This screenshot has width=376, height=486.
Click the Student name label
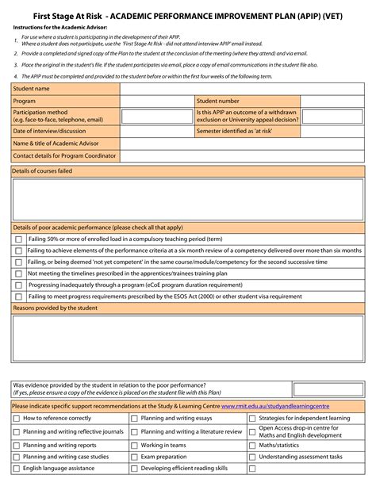[x=31, y=89]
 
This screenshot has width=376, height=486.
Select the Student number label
[x=217, y=101]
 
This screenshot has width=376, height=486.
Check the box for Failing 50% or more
[x=18, y=239]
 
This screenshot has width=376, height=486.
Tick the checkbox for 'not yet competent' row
[x=18, y=262]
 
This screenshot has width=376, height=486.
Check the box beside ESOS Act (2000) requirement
[x=18, y=297]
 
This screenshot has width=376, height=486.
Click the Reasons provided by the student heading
[x=55, y=308]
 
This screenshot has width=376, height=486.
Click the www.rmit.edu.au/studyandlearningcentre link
[x=275, y=405]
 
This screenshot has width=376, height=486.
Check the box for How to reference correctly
[x=17, y=418]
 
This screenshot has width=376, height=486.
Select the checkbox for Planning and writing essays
[x=134, y=418]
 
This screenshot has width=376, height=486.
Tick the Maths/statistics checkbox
[x=252, y=446]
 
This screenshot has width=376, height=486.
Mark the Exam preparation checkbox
[x=134, y=457]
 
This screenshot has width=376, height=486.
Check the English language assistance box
[x=17, y=469]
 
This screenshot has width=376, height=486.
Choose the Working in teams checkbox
[x=134, y=446]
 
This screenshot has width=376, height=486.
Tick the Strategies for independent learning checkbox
[x=252, y=418]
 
